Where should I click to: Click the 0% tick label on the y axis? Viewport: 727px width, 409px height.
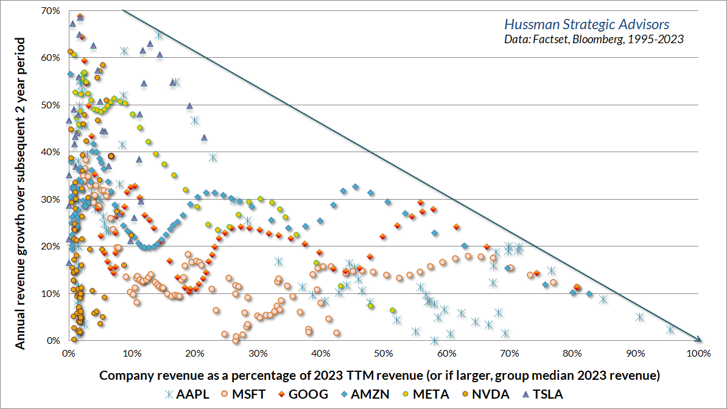pos(54,341)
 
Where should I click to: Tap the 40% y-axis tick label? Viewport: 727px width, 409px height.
pos(51,152)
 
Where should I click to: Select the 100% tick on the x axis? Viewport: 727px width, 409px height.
pos(698,353)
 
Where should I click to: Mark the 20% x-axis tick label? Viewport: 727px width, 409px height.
pos(195,353)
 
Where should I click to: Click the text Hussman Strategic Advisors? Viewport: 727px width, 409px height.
pos(586,25)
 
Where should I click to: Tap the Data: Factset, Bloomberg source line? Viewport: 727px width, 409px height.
pos(594,40)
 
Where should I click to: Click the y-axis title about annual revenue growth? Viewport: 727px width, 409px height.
pos(21,193)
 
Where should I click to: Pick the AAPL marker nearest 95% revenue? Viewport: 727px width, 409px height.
pos(670,329)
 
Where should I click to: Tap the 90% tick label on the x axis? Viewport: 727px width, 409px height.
pos(636,353)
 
